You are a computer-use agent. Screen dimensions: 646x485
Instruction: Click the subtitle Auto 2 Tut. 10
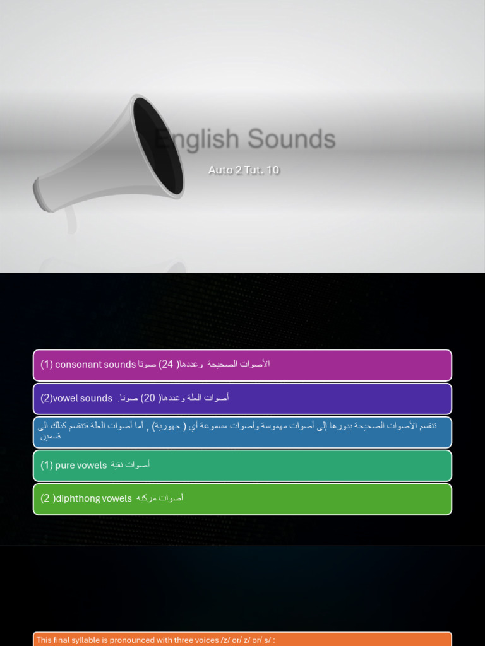pos(244,170)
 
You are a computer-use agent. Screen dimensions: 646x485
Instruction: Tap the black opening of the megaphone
pos(158,146)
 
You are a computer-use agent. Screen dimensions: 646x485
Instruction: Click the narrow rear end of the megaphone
pos(41,194)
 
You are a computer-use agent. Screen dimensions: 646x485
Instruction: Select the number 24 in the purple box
pos(167,364)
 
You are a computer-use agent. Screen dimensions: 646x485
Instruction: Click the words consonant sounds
pos(95,364)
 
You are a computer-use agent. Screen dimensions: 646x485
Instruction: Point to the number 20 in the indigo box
pos(148,398)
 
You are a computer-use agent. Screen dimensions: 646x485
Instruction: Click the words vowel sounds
pos(83,398)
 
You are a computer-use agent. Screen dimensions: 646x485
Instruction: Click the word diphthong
pos(78,498)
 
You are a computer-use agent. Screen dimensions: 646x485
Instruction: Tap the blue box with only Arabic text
pos(242,431)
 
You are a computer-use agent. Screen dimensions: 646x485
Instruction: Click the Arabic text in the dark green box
pos(130,465)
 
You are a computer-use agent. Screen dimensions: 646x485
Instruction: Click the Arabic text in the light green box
pos(160,498)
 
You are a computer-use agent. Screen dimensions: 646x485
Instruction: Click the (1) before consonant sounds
pos(47,364)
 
